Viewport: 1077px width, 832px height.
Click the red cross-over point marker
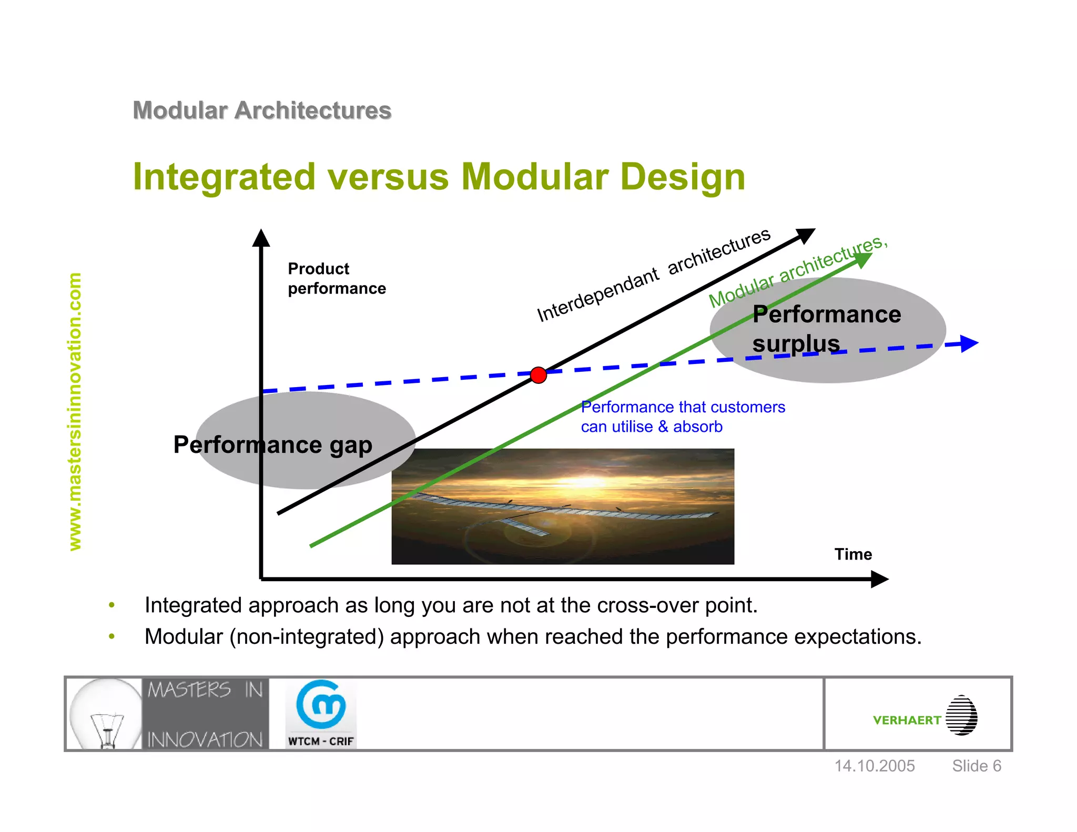pos(538,375)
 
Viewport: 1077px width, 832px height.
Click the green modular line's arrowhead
pos(862,259)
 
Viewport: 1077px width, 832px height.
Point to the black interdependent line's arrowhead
pos(805,235)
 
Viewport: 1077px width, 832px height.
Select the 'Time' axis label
pos(852,554)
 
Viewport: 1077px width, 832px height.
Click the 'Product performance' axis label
pos(336,279)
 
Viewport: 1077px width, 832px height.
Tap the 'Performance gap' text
pos(272,445)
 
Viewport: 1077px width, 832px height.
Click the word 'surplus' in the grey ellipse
pos(795,344)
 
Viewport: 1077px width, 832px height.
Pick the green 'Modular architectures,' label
pos(797,272)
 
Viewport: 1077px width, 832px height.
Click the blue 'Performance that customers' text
pos(683,407)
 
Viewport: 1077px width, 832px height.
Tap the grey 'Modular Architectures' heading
pos(262,110)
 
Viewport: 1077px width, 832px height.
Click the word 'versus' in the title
pos(389,177)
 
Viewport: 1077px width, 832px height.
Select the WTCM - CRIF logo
pos(321,714)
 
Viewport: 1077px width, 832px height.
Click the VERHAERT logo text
pos(907,720)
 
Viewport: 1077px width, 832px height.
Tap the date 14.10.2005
pos(875,766)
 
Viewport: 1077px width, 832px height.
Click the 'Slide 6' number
pos(976,766)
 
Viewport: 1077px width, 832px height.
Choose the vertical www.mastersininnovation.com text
pos(75,411)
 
